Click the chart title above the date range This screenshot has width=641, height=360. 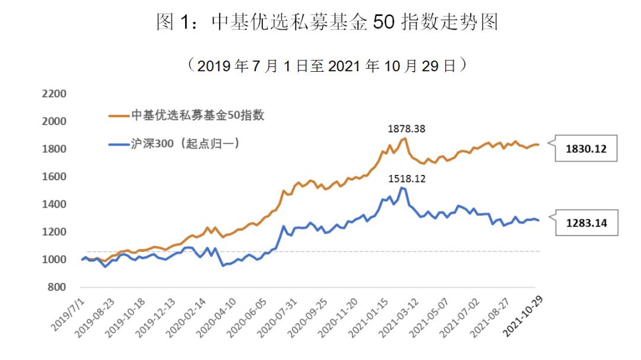pyautogui.click(x=326, y=22)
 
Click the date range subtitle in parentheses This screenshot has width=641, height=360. pyautogui.click(x=326, y=65)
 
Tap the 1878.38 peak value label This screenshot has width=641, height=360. pyautogui.click(x=407, y=128)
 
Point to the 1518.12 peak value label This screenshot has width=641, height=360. pyautogui.click(x=407, y=177)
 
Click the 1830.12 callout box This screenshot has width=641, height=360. pyautogui.click(x=586, y=149)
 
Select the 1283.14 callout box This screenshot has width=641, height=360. pyautogui.click(x=586, y=224)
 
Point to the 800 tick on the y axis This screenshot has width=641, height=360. pyautogui.click(x=57, y=287)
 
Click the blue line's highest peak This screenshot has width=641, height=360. pyautogui.click(x=402, y=187)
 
